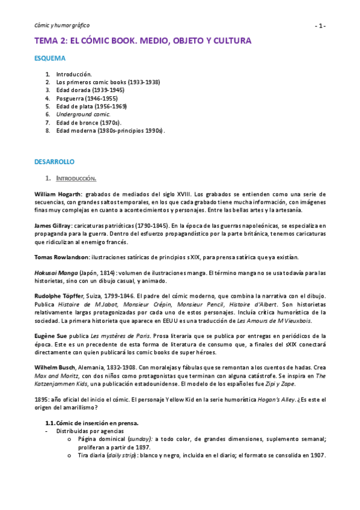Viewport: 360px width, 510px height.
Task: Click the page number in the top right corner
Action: (321, 26)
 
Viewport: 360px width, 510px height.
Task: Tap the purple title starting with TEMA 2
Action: (142, 41)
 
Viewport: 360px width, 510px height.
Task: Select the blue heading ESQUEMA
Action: (49, 59)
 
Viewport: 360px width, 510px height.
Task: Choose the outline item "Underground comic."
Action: (84, 114)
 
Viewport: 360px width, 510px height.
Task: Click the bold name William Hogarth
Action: (58, 194)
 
